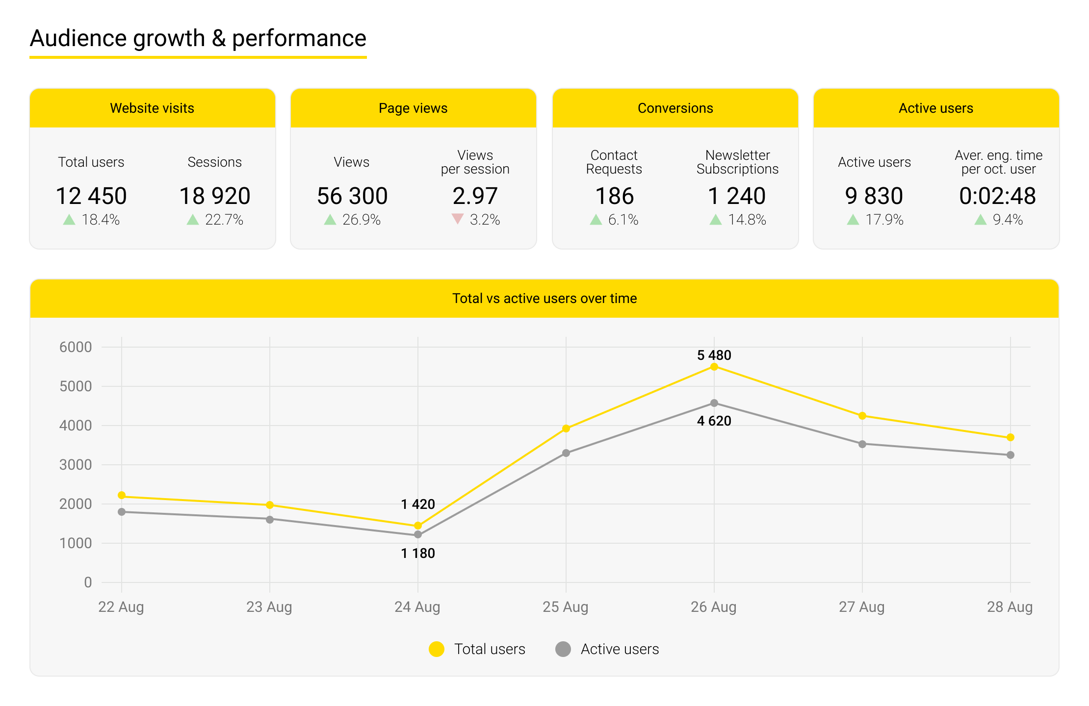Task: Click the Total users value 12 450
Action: coord(91,196)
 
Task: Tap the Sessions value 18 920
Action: coord(215,196)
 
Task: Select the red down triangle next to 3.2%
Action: coord(457,219)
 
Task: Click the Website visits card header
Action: coord(152,108)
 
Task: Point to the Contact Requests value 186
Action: coord(614,196)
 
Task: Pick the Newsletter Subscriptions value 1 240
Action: coord(737,196)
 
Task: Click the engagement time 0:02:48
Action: coord(997,196)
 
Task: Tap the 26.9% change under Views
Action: coord(361,220)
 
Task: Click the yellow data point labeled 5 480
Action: coord(714,367)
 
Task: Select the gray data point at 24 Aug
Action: coord(418,534)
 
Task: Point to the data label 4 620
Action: coord(714,421)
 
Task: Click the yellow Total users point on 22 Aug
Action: coord(122,495)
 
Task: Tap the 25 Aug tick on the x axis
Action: coord(566,607)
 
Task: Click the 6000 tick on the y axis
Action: coord(76,347)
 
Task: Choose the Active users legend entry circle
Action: coord(563,649)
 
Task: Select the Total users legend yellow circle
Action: coord(437,649)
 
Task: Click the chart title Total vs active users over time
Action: coord(544,298)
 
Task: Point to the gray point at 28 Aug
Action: coord(1011,455)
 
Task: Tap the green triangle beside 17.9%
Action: coord(853,220)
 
